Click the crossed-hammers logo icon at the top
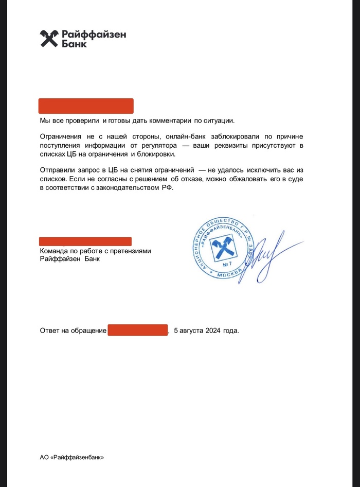pyautogui.click(x=50, y=39)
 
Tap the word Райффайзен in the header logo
pyautogui.click(x=94, y=34)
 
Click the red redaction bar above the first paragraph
pyautogui.click(x=86, y=106)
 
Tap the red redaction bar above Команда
pyautogui.click(x=85, y=241)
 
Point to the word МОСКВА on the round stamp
pyautogui.click(x=229, y=276)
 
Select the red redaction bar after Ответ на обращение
pyautogui.click(x=138, y=330)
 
